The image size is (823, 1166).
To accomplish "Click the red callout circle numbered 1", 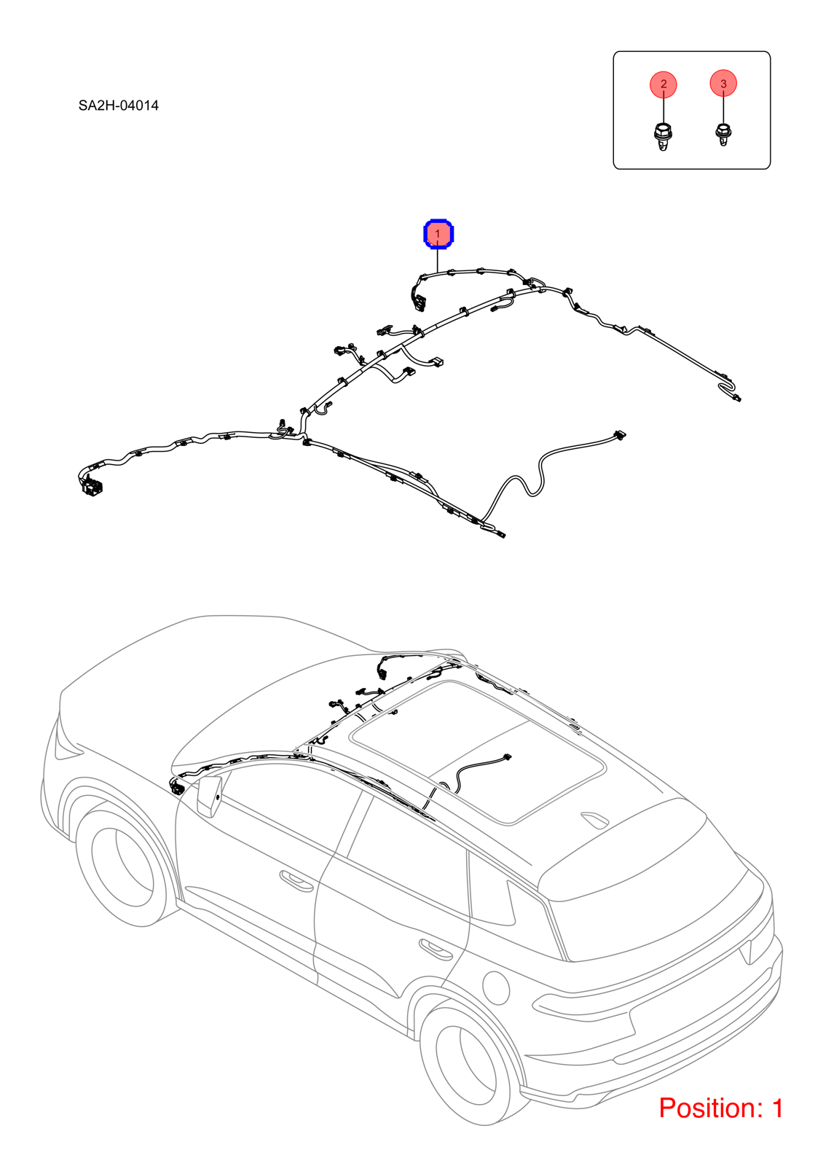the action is click(438, 234).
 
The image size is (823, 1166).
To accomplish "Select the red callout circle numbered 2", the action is click(663, 84).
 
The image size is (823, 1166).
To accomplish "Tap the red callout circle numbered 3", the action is click(723, 83).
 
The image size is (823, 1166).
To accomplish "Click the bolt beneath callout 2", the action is click(662, 137).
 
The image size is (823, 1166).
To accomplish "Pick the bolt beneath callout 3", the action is click(722, 134).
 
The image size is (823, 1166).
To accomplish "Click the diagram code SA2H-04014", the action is click(119, 106).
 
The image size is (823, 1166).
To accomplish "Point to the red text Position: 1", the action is click(721, 1108).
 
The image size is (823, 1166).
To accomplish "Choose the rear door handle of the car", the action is click(436, 949).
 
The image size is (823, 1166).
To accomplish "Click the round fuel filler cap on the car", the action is click(496, 987).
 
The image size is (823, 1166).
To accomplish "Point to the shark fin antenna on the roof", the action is click(594, 819).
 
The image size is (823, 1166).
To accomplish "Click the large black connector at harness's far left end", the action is click(92, 487).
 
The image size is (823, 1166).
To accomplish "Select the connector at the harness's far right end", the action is click(736, 398).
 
